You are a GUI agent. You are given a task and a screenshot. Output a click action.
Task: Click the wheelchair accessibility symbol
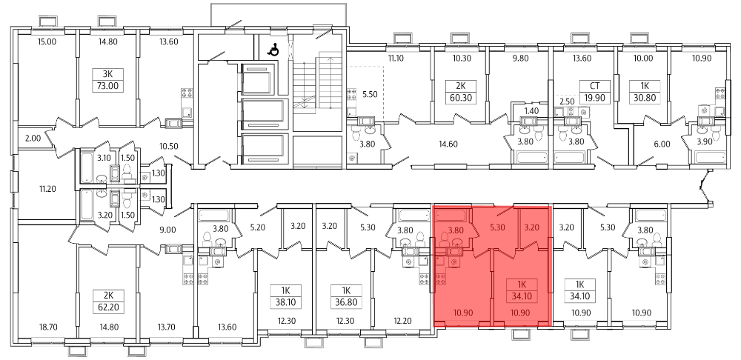tap(273, 49)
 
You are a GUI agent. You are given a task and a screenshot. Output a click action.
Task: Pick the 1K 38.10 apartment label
tap(286, 296)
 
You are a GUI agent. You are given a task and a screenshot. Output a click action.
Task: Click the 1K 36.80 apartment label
tap(345, 296)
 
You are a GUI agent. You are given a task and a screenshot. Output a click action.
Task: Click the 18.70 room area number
tap(47, 327)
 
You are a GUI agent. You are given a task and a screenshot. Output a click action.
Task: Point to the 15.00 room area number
tap(47, 41)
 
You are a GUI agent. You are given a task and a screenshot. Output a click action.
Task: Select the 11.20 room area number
tap(47, 189)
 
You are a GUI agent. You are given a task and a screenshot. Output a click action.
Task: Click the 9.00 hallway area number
tap(168, 230)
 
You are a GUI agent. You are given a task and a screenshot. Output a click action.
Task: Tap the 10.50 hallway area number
tap(169, 146)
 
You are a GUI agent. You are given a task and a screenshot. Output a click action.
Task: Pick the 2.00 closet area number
tap(33, 139)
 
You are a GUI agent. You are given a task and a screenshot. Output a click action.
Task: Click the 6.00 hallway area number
tap(662, 144)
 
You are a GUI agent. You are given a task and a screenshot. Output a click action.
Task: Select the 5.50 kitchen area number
tap(370, 94)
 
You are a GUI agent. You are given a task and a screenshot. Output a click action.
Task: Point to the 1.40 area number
tap(531, 112)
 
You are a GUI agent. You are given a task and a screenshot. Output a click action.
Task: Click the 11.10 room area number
tap(396, 59)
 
